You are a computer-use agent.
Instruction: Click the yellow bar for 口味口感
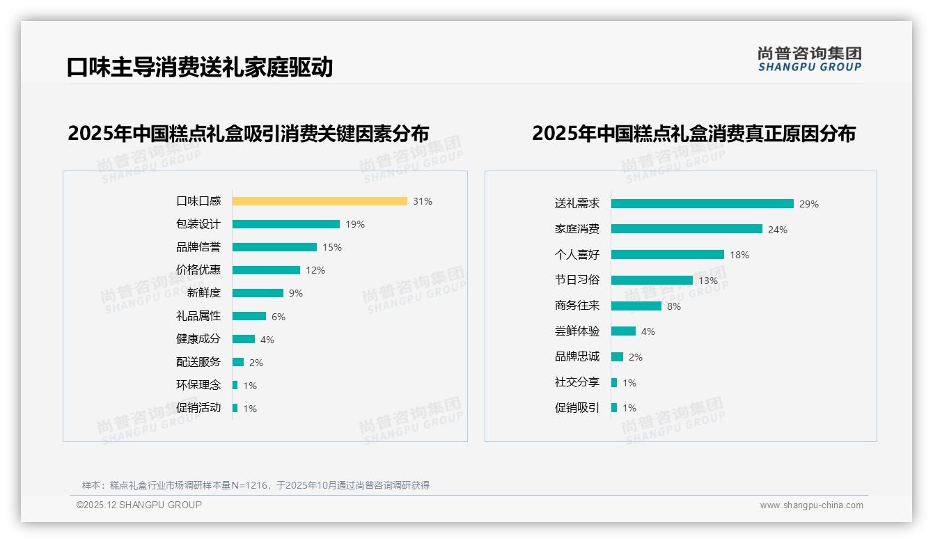tap(320, 201)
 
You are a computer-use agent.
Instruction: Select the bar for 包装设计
tap(285, 224)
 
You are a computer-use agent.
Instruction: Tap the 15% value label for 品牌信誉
tap(332, 247)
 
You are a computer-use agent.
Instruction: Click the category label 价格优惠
tap(198, 270)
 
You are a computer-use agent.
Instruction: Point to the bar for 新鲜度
tap(258, 293)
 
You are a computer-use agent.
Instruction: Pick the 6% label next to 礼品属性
tap(279, 317)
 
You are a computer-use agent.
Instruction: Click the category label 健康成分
tap(198, 339)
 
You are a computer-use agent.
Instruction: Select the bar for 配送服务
tap(238, 362)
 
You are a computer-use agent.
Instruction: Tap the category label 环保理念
tap(198, 385)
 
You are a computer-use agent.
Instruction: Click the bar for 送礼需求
tap(702, 204)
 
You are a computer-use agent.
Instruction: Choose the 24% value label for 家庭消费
tap(778, 230)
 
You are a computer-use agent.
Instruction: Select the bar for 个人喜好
tap(667, 255)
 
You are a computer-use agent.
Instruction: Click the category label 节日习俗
tap(577, 280)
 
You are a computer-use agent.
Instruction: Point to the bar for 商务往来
tap(636, 306)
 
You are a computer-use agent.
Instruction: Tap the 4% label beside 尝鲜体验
tap(648, 331)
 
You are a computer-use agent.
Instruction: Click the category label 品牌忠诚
tap(577, 356)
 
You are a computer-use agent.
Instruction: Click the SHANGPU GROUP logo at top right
tap(809, 59)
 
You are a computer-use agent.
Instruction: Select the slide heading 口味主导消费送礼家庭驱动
tap(200, 67)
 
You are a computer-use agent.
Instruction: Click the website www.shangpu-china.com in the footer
tap(811, 505)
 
